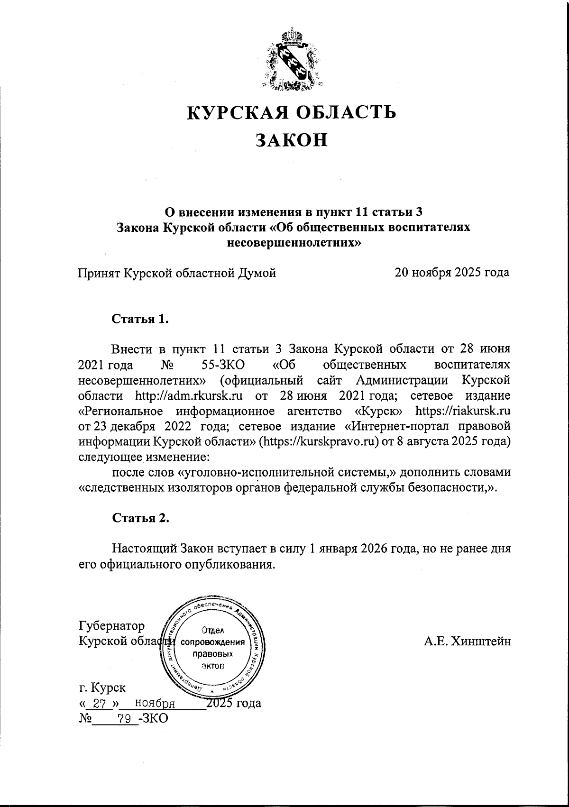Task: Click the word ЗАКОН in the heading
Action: pyautogui.click(x=292, y=140)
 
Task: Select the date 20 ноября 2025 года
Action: pyautogui.click(x=452, y=273)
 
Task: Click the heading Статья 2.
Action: pyautogui.click(x=140, y=518)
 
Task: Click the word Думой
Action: pyautogui.click(x=256, y=273)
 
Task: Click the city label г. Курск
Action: pyautogui.click(x=102, y=687)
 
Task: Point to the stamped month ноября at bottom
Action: pyautogui.click(x=155, y=703)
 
